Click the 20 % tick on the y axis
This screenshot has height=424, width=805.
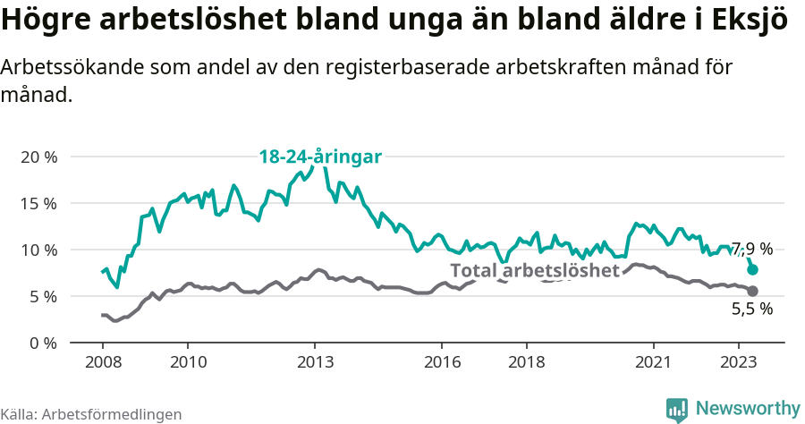pyautogui.click(x=38, y=157)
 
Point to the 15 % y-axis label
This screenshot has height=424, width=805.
pyautogui.click(x=38, y=203)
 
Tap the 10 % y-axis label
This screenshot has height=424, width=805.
pyautogui.click(x=38, y=250)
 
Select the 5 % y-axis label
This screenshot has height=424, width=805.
pyautogui.click(x=43, y=296)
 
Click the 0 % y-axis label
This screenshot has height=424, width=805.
pyautogui.click(x=43, y=343)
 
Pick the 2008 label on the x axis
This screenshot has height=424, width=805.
pyautogui.click(x=102, y=362)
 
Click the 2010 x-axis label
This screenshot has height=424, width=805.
pyautogui.click(x=187, y=362)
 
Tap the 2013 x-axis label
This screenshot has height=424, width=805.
pyautogui.click(x=315, y=362)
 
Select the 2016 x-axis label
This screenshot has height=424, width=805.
pyautogui.click(x=442, y=362)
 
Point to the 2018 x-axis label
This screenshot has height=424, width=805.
pyautogui.click(x=527, y=362)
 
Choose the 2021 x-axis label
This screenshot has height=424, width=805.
pyautogui.click(x=654, y=362)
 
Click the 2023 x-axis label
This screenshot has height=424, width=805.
pyautogui.click(x=739, y=362)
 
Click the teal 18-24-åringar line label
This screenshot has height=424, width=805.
pyautogui.click(x=320, y=157)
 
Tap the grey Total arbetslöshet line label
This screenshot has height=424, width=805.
pyautogui.click(x=534, y=270)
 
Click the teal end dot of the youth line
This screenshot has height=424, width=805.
pyautogui.click(x=753, y=269)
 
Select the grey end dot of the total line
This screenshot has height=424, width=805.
pyautogui.click(x=753, y=292)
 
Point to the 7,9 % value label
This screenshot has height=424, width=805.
pyautogui.click(x=751, y=249)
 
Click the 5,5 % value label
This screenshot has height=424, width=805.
pyautogui.click(x=751, y=310)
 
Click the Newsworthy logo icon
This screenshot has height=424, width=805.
pyautogui.click(x=677, y=409)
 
